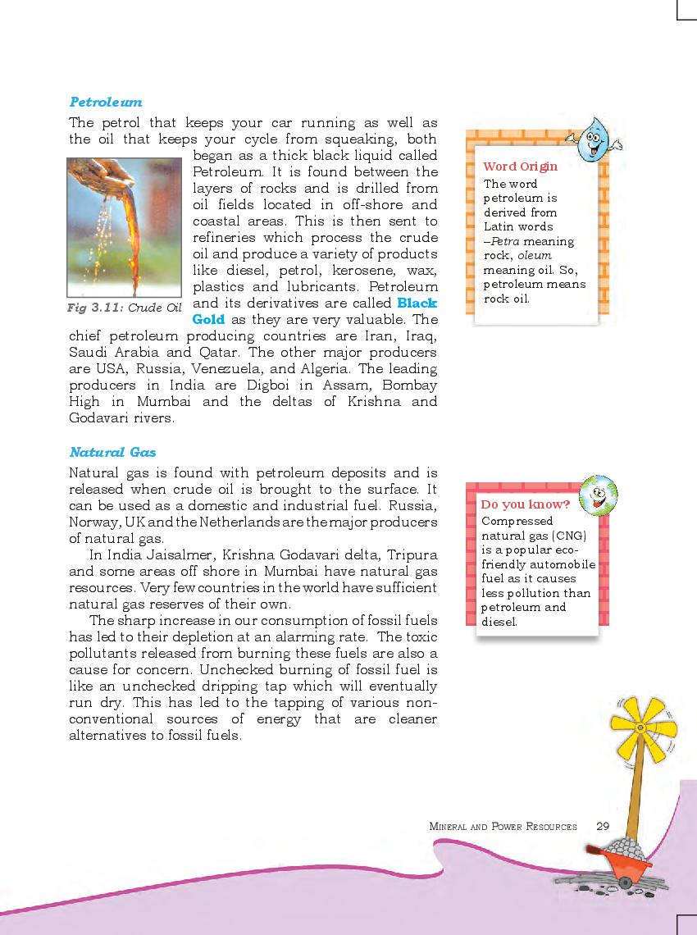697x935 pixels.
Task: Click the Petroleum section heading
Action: (x=106, y=103)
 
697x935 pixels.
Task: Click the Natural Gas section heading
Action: (x=112, y=452)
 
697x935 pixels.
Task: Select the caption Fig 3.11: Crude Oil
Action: (x=124, y=308)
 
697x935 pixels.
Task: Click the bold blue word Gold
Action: (x=208, y=320)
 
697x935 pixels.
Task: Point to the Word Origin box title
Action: (x=520, y=166)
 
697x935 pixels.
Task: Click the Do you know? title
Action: (x=525, y=504)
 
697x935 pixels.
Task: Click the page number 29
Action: (x=603, y=826)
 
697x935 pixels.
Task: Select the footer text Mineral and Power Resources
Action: (x=503, y=827)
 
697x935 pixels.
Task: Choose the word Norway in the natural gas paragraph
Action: (x=95, y=522)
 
